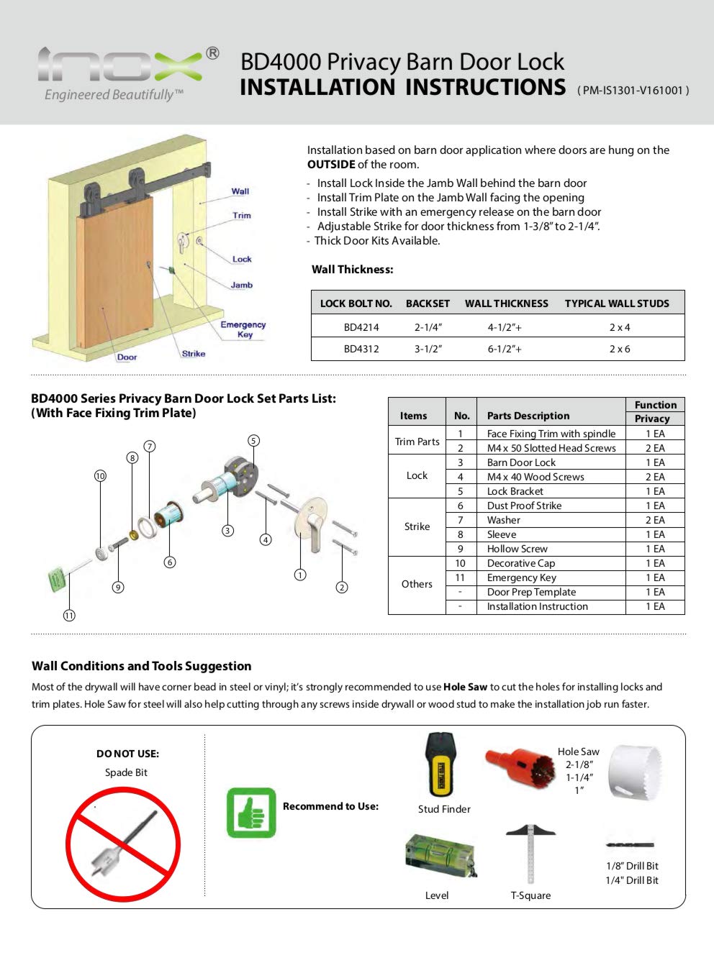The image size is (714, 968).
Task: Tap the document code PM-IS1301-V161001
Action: pyautogui.click(x=633, y=91)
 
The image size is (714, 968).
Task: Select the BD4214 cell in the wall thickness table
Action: pyautogui.click(x=361, y=327)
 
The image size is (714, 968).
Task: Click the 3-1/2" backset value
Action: pyautogui.click(x=428, y=349)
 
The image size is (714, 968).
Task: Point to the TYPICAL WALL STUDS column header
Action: pyautogui.click(x=616, y=303)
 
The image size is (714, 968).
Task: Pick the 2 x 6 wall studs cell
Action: pyautogui.click(x=619, y=349)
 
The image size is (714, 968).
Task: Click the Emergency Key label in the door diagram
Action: pyautogui.click(x=243, y=329)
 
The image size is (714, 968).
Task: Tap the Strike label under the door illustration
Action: pyautogui.click(x=193, y=354)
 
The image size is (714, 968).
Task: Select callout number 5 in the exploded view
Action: pyautogui.click(x=253, y=440)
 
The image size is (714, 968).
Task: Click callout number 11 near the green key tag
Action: pyautogui.click(x=69, y=615)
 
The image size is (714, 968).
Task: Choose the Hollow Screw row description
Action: pyautogui.click(x=517, y=549)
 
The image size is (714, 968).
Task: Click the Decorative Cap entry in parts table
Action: pyautogui.click(x=520, y=563)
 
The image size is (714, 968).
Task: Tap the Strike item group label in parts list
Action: pyautogui.click(x=417, y=526)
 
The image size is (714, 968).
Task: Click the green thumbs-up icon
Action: pyautogui.click(x=251, y=813)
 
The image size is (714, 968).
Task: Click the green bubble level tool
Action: pyautogui.click(x=439, y=856)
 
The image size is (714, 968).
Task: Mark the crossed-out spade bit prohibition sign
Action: pyautogui.click(x=123, y=844)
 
